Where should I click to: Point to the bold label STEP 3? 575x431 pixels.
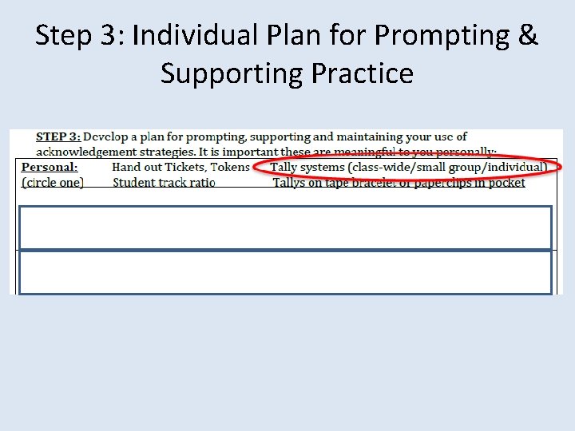click(57, 137)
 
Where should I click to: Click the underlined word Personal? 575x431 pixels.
click(50, 167)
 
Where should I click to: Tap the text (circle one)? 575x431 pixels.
click(53, 182)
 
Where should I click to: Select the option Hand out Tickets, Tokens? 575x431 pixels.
click(180, 167)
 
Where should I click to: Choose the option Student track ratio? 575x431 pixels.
click(164, 182)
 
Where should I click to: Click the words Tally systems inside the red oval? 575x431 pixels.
click(307, 167)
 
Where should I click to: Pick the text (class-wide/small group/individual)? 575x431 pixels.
click(447, 167)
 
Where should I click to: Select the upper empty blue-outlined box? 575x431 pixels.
click(285, 227)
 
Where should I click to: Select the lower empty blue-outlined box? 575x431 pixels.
click(285, 272)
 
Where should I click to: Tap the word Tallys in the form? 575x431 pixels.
click(290, 183)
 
